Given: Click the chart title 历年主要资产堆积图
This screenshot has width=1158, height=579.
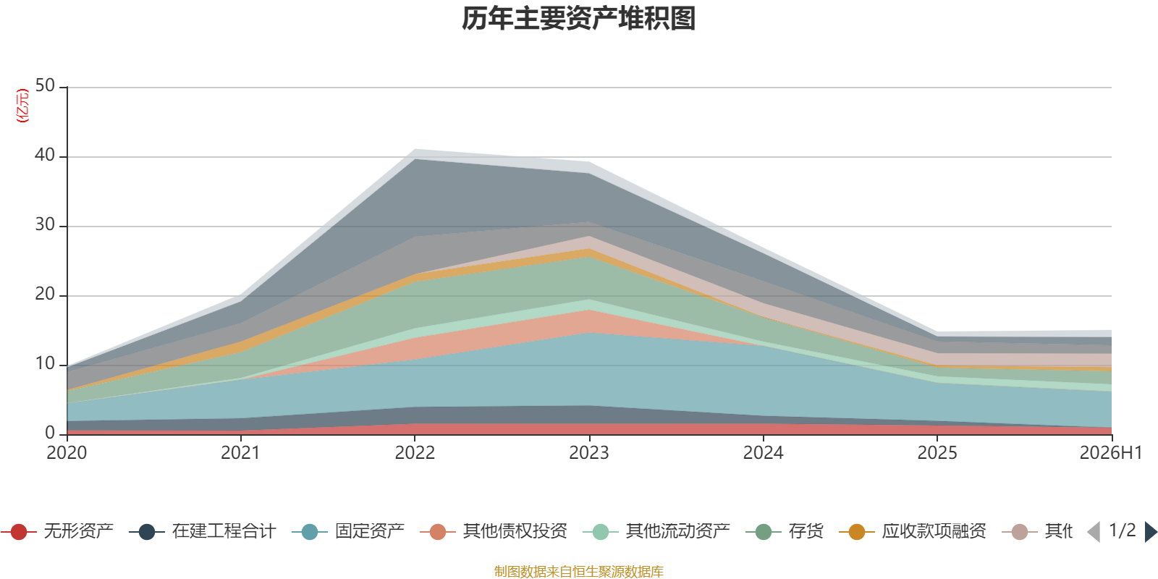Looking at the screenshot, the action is tap(578, 19).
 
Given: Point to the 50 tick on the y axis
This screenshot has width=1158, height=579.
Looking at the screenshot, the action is tap(45, 85).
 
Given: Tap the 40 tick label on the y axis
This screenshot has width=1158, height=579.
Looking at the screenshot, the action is tap(45, 155).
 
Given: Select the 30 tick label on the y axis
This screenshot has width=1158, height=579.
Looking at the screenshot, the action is tap(45, 224).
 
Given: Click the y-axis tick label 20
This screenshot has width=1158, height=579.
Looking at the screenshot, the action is tap(45, 294).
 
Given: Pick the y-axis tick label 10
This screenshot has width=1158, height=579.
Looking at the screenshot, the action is tap(45, 363).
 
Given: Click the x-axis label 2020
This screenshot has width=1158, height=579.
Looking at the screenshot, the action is tap(67, 453).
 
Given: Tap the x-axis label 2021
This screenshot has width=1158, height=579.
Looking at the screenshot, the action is tap(240, 453).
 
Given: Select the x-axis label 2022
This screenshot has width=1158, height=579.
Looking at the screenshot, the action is tap(415, 453).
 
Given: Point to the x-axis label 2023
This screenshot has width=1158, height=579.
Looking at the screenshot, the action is tap(589, 453).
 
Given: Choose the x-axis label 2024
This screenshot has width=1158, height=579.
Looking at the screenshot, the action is tap(763, 453).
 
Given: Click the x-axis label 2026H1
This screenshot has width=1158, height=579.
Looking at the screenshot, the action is tap(1110, 453).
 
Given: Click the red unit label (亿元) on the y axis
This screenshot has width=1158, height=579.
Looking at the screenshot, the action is tap(22, 106).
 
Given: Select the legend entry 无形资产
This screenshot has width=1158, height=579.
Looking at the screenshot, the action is tap(57, 531).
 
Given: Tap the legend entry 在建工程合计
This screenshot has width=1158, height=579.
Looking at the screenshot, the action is tap(202, 531).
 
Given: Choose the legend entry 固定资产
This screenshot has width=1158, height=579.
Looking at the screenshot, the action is tap(347, 531).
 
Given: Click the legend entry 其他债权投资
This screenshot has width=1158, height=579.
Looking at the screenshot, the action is tap(493, 531).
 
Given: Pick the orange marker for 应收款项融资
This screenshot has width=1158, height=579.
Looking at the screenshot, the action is tap(857, 531).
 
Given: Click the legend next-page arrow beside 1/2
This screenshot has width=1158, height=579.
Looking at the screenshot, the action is tap(1151, 531).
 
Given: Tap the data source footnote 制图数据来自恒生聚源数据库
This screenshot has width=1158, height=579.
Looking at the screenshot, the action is tap(578, 571).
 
